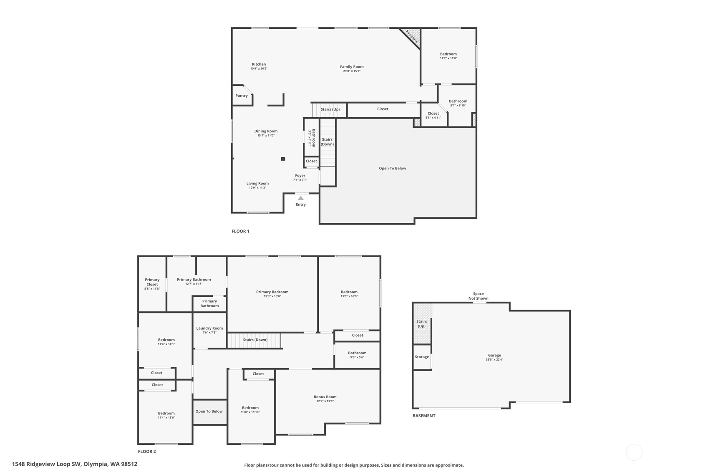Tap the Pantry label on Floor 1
242,96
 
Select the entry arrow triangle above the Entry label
301,198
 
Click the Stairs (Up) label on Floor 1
330,109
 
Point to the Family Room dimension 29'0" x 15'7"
352,71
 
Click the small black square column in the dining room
283,159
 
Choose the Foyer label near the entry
300,175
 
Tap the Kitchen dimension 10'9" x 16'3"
259,68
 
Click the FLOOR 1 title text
241,232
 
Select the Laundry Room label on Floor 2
209,328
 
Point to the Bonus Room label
325,397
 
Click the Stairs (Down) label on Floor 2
255,340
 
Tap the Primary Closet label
152,282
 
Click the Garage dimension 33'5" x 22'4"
495,360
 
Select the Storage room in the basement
422,357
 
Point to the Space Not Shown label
479,296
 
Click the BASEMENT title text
424,416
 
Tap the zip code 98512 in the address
129,464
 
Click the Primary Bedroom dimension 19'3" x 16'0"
272,297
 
